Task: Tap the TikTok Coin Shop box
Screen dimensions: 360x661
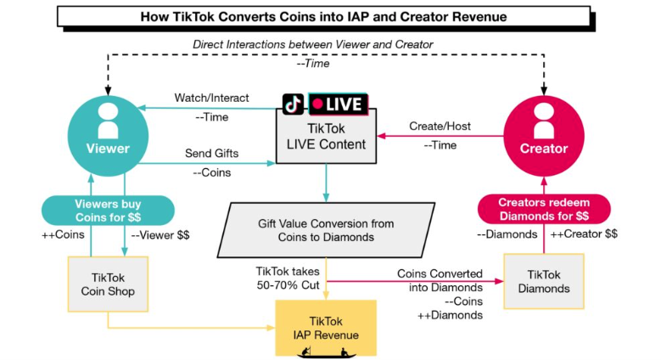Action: click(x=108, y=281)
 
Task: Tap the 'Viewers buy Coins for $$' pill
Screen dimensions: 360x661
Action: click(x=108, y=210)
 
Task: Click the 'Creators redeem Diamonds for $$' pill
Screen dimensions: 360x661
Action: click(x=543, y=210)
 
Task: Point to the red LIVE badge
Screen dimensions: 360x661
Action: click(x=338, y=104)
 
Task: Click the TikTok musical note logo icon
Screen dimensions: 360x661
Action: click(x=294, y=104)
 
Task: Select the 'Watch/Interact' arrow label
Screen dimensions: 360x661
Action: click(x=211, y=98)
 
